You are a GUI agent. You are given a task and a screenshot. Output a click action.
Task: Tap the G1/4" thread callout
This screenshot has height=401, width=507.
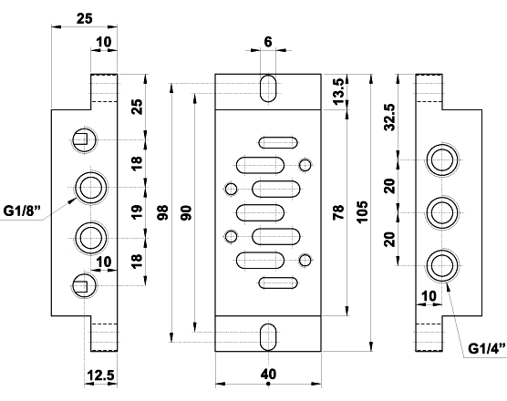484,348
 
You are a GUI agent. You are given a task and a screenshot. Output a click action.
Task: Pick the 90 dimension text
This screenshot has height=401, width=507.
186,212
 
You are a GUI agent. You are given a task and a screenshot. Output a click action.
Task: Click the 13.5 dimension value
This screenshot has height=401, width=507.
339,91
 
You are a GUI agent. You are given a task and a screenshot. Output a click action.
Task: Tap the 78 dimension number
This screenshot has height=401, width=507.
339,212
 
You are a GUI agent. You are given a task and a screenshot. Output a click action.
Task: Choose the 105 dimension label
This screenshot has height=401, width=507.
363,212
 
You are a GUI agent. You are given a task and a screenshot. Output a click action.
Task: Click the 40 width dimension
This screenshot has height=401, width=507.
268,374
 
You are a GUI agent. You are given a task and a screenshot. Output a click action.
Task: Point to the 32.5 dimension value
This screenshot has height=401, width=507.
390,118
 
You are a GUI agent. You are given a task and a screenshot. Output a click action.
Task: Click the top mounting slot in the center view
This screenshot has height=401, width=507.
268,90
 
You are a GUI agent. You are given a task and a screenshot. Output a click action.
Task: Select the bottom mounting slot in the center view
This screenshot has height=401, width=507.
268,334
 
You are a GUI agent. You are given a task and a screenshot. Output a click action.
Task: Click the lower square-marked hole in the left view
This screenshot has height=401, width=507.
81,284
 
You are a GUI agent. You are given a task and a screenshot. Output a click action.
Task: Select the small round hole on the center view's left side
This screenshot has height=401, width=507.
231,189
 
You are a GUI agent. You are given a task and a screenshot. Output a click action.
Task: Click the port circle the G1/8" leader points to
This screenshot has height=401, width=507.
88,188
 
